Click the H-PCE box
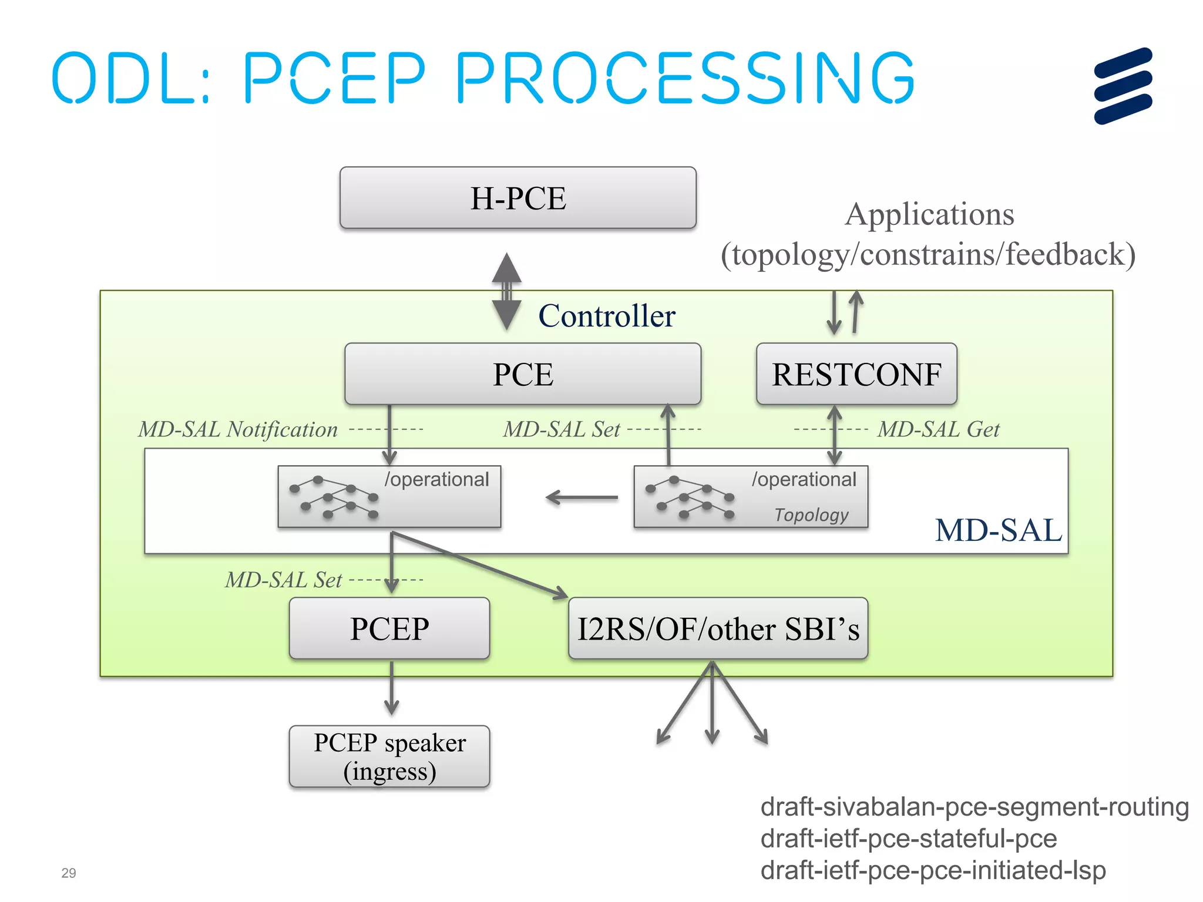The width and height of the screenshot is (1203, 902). pos(518,198)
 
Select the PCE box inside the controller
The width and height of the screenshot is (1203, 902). pos(522,374)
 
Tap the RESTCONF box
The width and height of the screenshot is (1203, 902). pos(856,374)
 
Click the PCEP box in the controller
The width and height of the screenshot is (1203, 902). pos(389,628)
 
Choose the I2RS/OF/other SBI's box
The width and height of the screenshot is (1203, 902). pos(718,628)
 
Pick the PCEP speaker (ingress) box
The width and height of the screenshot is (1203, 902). pos(389,756)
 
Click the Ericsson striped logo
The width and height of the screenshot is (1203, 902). pos(1123,86)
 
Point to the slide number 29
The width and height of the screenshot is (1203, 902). pos(69,873)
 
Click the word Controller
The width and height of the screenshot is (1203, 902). pos(607,316)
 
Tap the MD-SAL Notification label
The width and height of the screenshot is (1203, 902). pos(238,429)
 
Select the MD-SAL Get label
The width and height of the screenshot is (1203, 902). pos(938,429)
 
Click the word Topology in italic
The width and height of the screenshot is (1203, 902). pos(811,514)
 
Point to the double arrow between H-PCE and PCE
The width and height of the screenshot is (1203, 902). pos(506,292)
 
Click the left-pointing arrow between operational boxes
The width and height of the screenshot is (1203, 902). pos(582,498)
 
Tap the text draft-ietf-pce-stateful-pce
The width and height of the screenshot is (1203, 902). pos(908,839)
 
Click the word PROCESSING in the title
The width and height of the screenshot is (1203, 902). pos(685,78)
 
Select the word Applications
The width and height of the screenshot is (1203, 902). pos(929,214)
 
